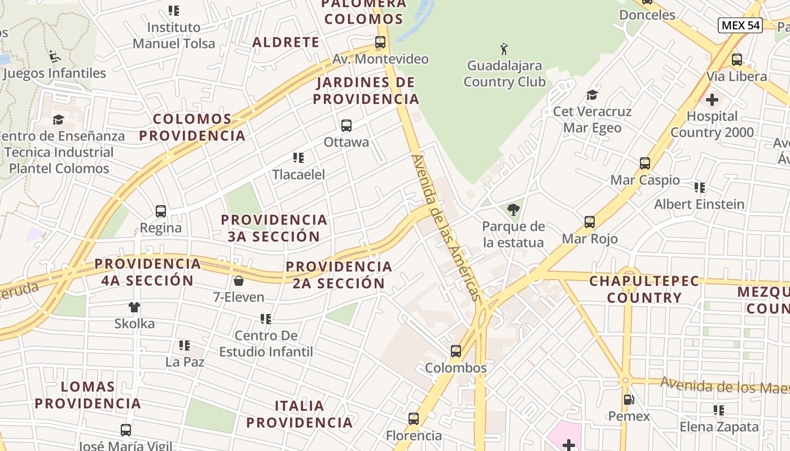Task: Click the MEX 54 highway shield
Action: tap(740, 25)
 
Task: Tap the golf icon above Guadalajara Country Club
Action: tap(504, 49)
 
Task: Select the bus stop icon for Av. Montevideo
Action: tap(380, 42)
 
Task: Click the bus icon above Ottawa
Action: tap(346, 126)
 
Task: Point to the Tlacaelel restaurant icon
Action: tap(299, 158)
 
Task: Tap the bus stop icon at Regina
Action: tap(161, 211)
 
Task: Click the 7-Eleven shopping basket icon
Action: tap(239, 280)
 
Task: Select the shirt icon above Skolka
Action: tap(134, 307)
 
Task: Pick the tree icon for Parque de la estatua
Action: tap(513, 210)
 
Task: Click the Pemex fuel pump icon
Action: tap(629, 400)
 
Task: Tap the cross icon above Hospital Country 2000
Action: tap(712, 100)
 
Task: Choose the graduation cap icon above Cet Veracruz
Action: tap(592, 95)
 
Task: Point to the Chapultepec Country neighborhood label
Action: tap(644, 289)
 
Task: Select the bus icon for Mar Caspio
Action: tap(645, 163)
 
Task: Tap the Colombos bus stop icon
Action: tap(456, 351)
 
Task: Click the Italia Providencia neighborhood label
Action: tap(299, 414)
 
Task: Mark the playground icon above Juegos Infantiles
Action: tap(55, 56)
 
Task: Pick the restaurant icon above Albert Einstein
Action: tap(700, 188)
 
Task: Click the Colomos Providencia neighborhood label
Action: tap(192, 127)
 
